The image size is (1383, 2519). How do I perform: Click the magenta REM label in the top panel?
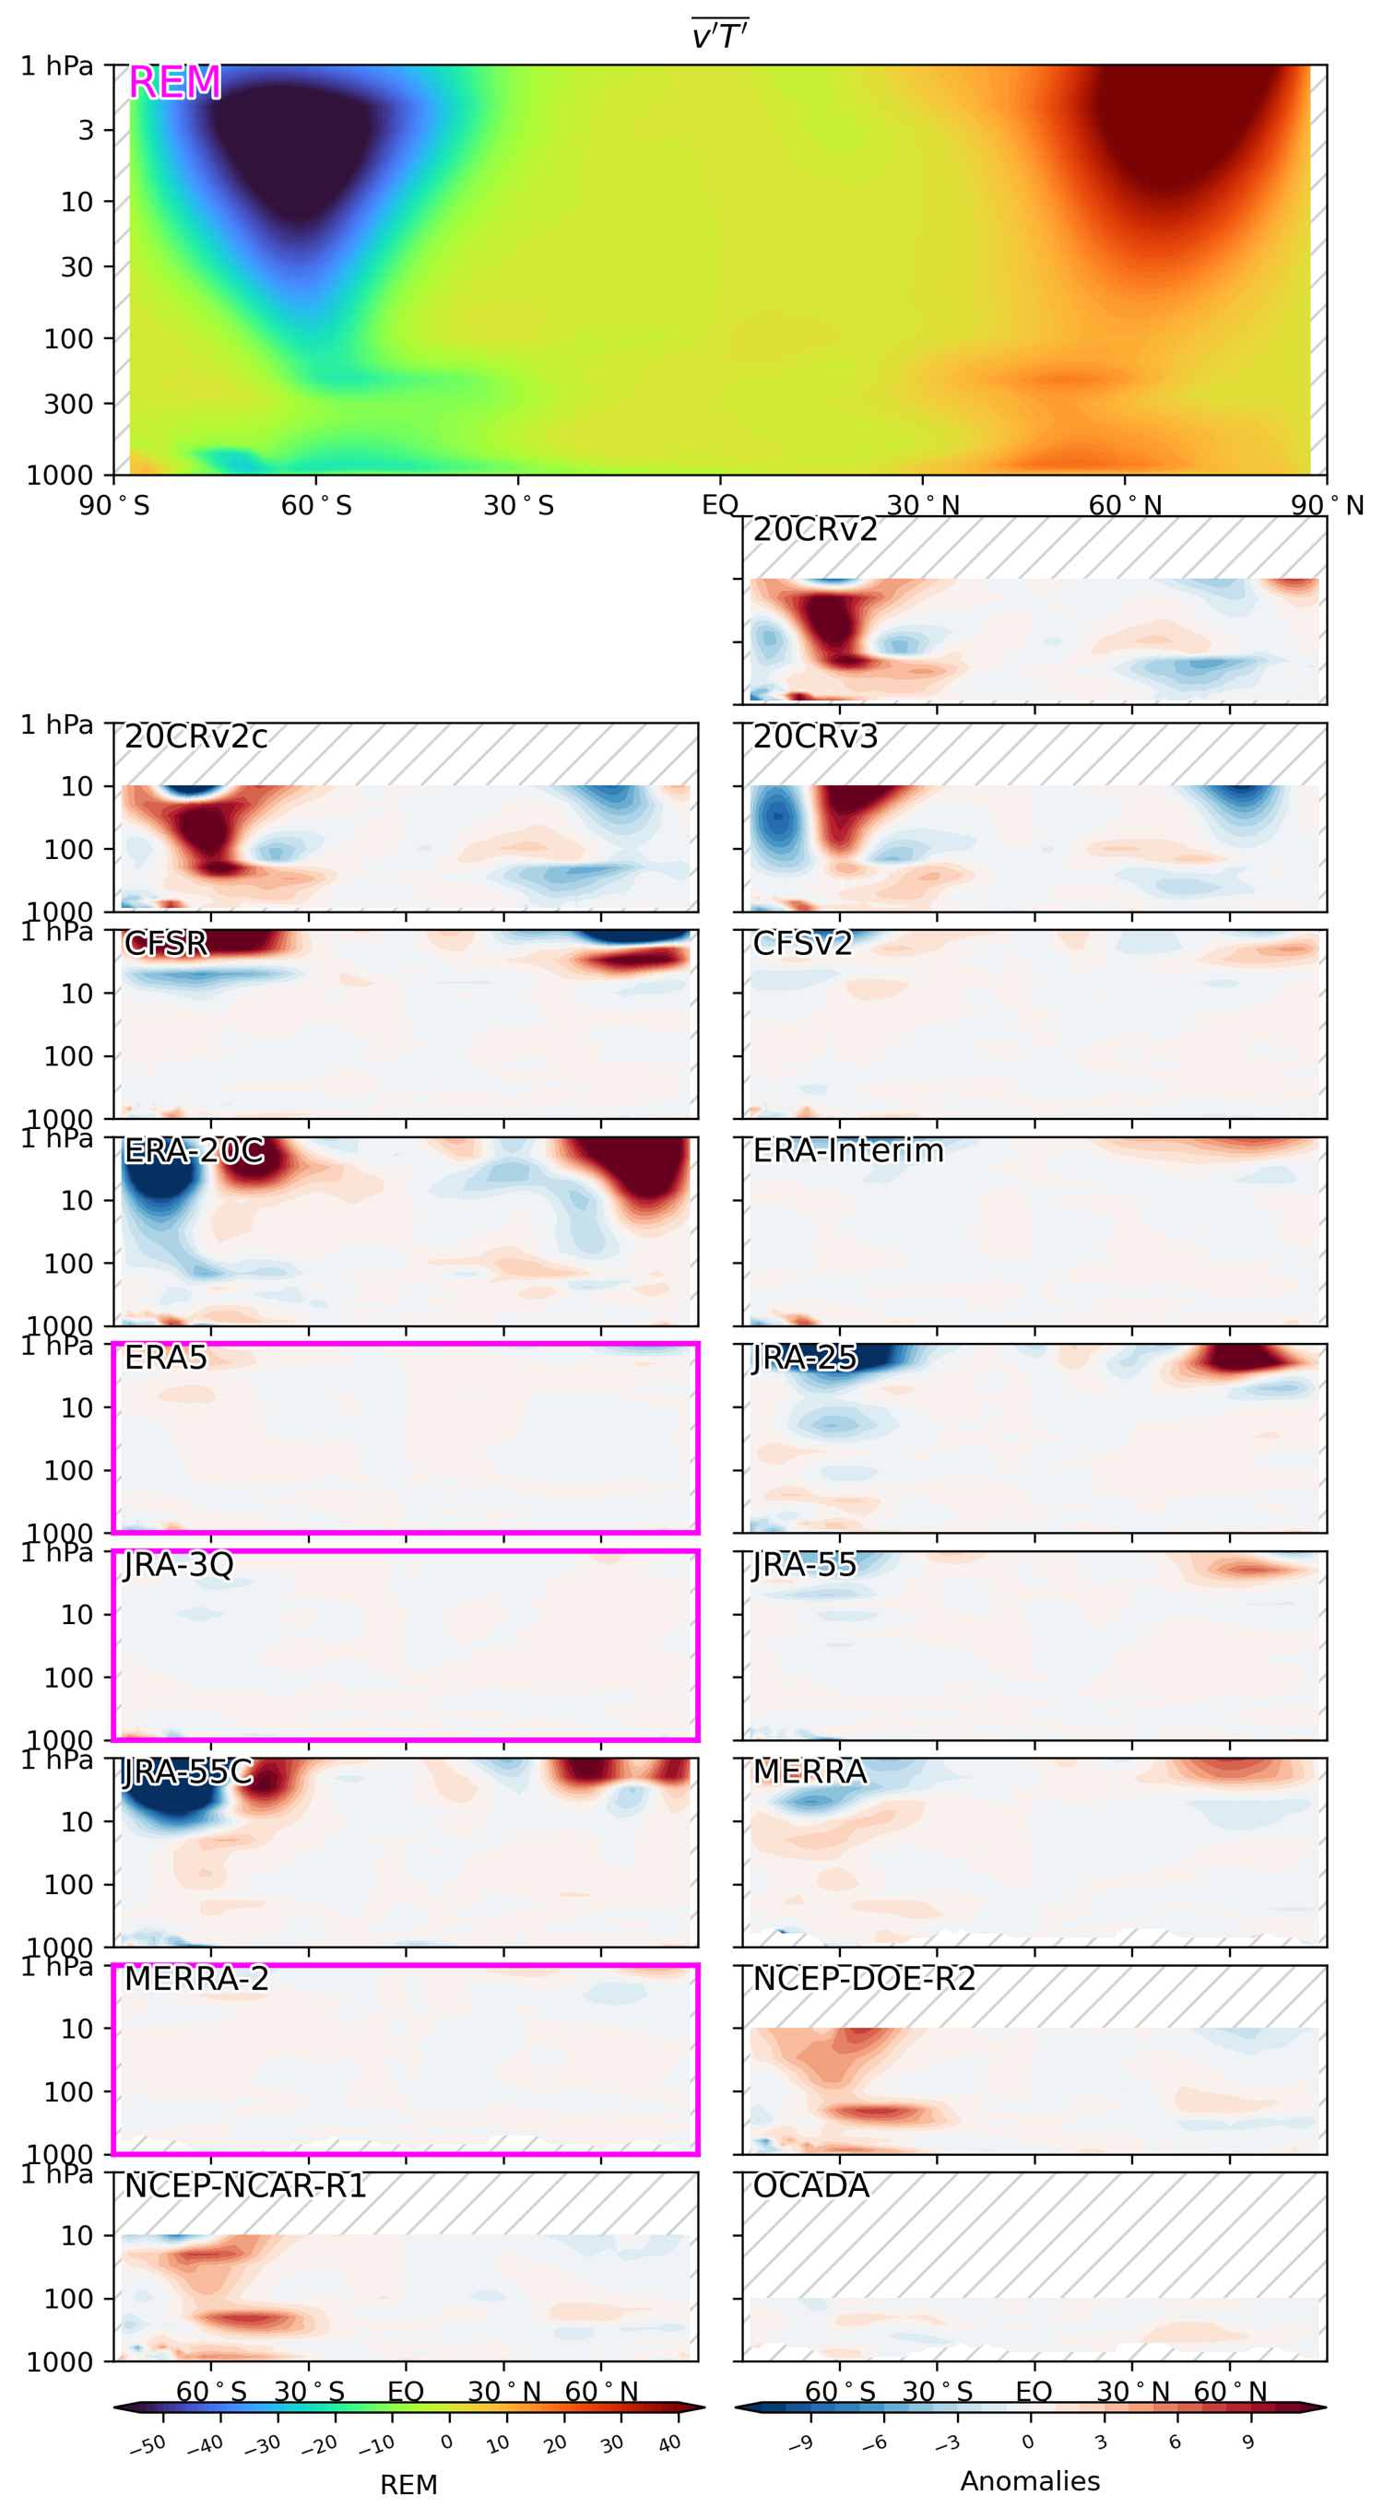[x=175, y=83]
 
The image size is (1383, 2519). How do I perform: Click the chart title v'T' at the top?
[x=720, y=36]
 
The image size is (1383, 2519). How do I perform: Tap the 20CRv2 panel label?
[x=815, y=530]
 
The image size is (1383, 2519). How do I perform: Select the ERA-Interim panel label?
[x=848, y=1151]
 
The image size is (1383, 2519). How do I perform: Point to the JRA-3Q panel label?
[x=179, y=1565]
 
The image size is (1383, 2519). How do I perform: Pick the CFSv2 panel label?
[x=802, y=944]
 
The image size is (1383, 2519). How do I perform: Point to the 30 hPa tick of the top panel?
[x=77, y=267]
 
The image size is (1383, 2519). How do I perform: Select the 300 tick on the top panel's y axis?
[x=68, y=403]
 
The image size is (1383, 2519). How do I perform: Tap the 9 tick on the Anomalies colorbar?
[x=1248, y=2442]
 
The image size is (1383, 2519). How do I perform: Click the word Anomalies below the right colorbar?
[x=1030, y=2481]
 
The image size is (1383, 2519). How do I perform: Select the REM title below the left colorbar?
[x=408, y=2485]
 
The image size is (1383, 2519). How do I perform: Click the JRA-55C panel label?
[x=188, y=1772]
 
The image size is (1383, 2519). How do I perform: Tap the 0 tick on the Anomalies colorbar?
[x=1027, y=2442]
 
